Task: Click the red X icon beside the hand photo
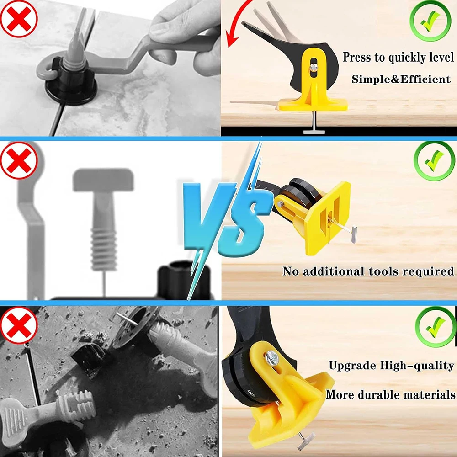pyautogui.click(x=18, y=18)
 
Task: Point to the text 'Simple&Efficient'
pyautogui.click(x=401, y=79)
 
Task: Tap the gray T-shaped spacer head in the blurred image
pyautogui.click(x=103, y=180)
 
